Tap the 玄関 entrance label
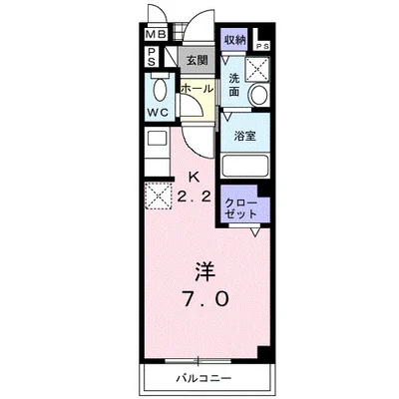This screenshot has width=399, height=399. click(x=197, y=60)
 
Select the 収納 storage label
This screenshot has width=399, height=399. click(x=234, y=40)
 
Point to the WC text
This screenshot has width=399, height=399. click(x=158, y=111)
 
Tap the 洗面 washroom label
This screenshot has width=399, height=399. click(x=233, y=85)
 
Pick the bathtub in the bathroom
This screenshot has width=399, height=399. click(x=245, y=165)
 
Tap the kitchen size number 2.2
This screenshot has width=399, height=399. click(x=195, y=197)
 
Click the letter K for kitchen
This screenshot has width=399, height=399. click(x=196, y=181)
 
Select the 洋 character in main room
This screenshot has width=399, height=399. click(x=203, y=269)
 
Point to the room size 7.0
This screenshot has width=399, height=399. click(x=206, y=298)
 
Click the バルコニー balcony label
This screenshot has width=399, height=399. click(x=204, y=380)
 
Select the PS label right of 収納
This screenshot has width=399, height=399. click(x=261, y=46)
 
